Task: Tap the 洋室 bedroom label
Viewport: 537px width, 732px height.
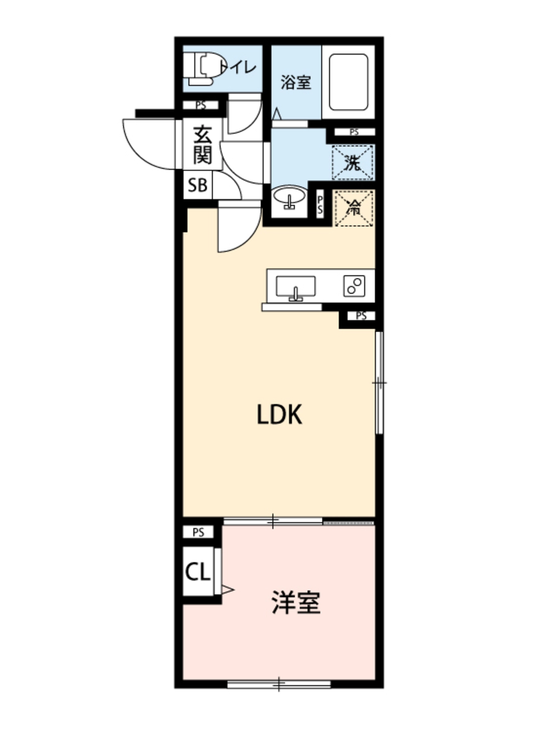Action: (296, 602)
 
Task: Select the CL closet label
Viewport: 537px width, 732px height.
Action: (198, 571)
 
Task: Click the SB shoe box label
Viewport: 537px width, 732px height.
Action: (198, 185)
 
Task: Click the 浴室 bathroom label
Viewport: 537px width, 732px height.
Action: (296, 83)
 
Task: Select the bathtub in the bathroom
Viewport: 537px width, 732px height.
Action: (349, 82)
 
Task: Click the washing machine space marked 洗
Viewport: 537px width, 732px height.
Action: (353, 163)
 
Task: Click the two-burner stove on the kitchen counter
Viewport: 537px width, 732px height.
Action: (354, 286)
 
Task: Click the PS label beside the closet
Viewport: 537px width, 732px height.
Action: (198, 532)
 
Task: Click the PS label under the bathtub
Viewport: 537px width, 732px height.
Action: (354, 132)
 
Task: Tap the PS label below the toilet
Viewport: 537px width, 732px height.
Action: (201, 105)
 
